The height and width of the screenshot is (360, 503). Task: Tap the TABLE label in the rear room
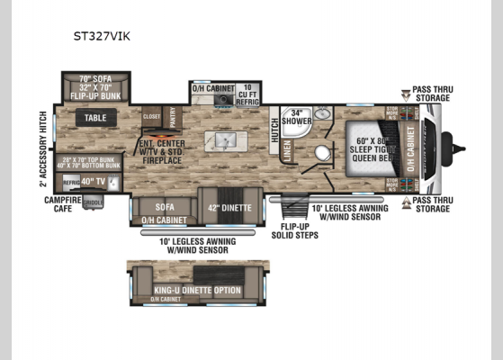coord(95,118)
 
